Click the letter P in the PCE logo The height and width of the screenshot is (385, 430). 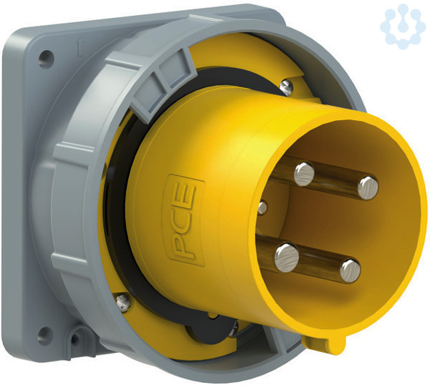click(183, 248)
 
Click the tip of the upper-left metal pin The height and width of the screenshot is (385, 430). click(304, 174)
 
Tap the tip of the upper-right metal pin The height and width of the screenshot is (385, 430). click(368, 187)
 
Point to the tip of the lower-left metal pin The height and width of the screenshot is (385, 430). click(286, 257)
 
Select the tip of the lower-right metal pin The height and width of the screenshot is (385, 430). click(350, 271)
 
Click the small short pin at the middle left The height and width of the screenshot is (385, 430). click(262, 208)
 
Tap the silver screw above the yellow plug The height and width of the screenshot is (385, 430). click(287, 87)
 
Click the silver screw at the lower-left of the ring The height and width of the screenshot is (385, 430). click(123, 302)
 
